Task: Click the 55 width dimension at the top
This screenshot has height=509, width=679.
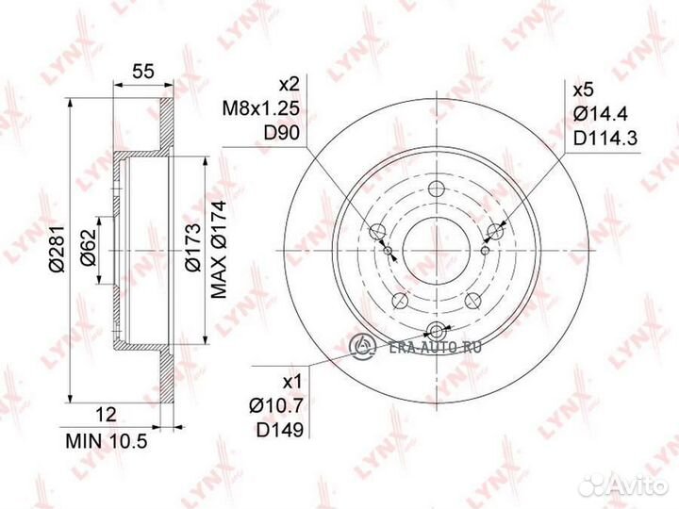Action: pos(143,71)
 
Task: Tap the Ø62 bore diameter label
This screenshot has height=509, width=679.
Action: pos(88,248)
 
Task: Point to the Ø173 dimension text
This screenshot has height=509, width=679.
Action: pos(192,247)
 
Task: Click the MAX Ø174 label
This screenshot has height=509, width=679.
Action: pos(219,250)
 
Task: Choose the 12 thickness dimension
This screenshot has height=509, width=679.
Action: pos(106,415)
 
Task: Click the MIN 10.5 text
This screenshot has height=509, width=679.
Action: pos(107,441)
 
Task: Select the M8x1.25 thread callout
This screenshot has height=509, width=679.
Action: pos(261,108)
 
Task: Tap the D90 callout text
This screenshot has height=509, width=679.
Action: pos(282,133)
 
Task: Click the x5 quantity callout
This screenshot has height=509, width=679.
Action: pos(584,90)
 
